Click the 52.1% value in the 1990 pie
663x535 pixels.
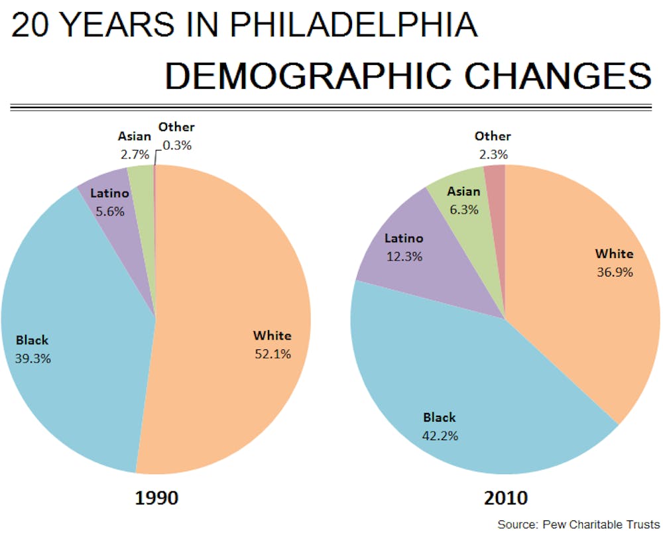tap(272, 354)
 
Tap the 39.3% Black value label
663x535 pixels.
tap(32, 359)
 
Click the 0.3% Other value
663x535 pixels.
tap(177, 145)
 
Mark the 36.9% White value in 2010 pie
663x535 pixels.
tap(614, 272)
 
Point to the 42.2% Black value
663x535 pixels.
tap(440, 436)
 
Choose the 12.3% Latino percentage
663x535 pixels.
tap(404, 257)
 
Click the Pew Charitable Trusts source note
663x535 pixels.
tap(579, 524)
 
